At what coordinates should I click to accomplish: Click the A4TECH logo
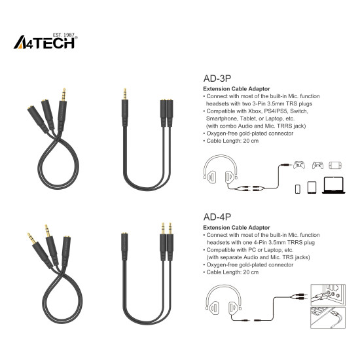pyautogui.click(x=46, y=43)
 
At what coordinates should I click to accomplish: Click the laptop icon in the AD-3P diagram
pyautogui.click(x=334, y=187)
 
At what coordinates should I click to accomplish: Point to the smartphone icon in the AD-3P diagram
pyautogui.click(x=298, y=189)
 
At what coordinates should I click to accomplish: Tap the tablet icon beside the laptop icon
pyautogui.click(x=312, y=187)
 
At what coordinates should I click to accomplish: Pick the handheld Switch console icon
pyautogui.click(x=336, y=164)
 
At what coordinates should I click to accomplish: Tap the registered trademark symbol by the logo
pyautogui.click(x=77, y=38)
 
